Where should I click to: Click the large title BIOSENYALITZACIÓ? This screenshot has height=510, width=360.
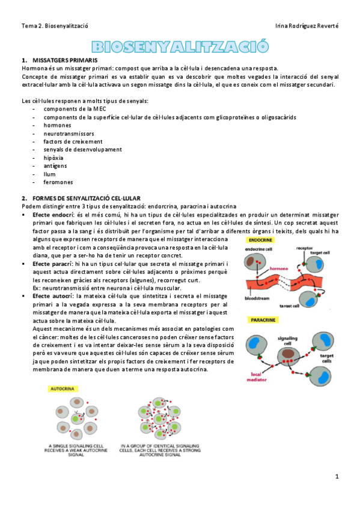tap(180, 47)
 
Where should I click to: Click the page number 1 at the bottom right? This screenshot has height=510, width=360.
tap(337, 477)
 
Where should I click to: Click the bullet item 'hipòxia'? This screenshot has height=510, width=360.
tap(53, 158)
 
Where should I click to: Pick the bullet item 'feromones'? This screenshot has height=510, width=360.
tap(58, 182)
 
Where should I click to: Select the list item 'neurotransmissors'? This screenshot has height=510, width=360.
tap(69, 134)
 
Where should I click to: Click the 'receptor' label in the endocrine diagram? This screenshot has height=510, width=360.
tap(306, 248)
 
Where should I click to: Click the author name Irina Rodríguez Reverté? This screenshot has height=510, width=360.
tap(306, 26)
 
